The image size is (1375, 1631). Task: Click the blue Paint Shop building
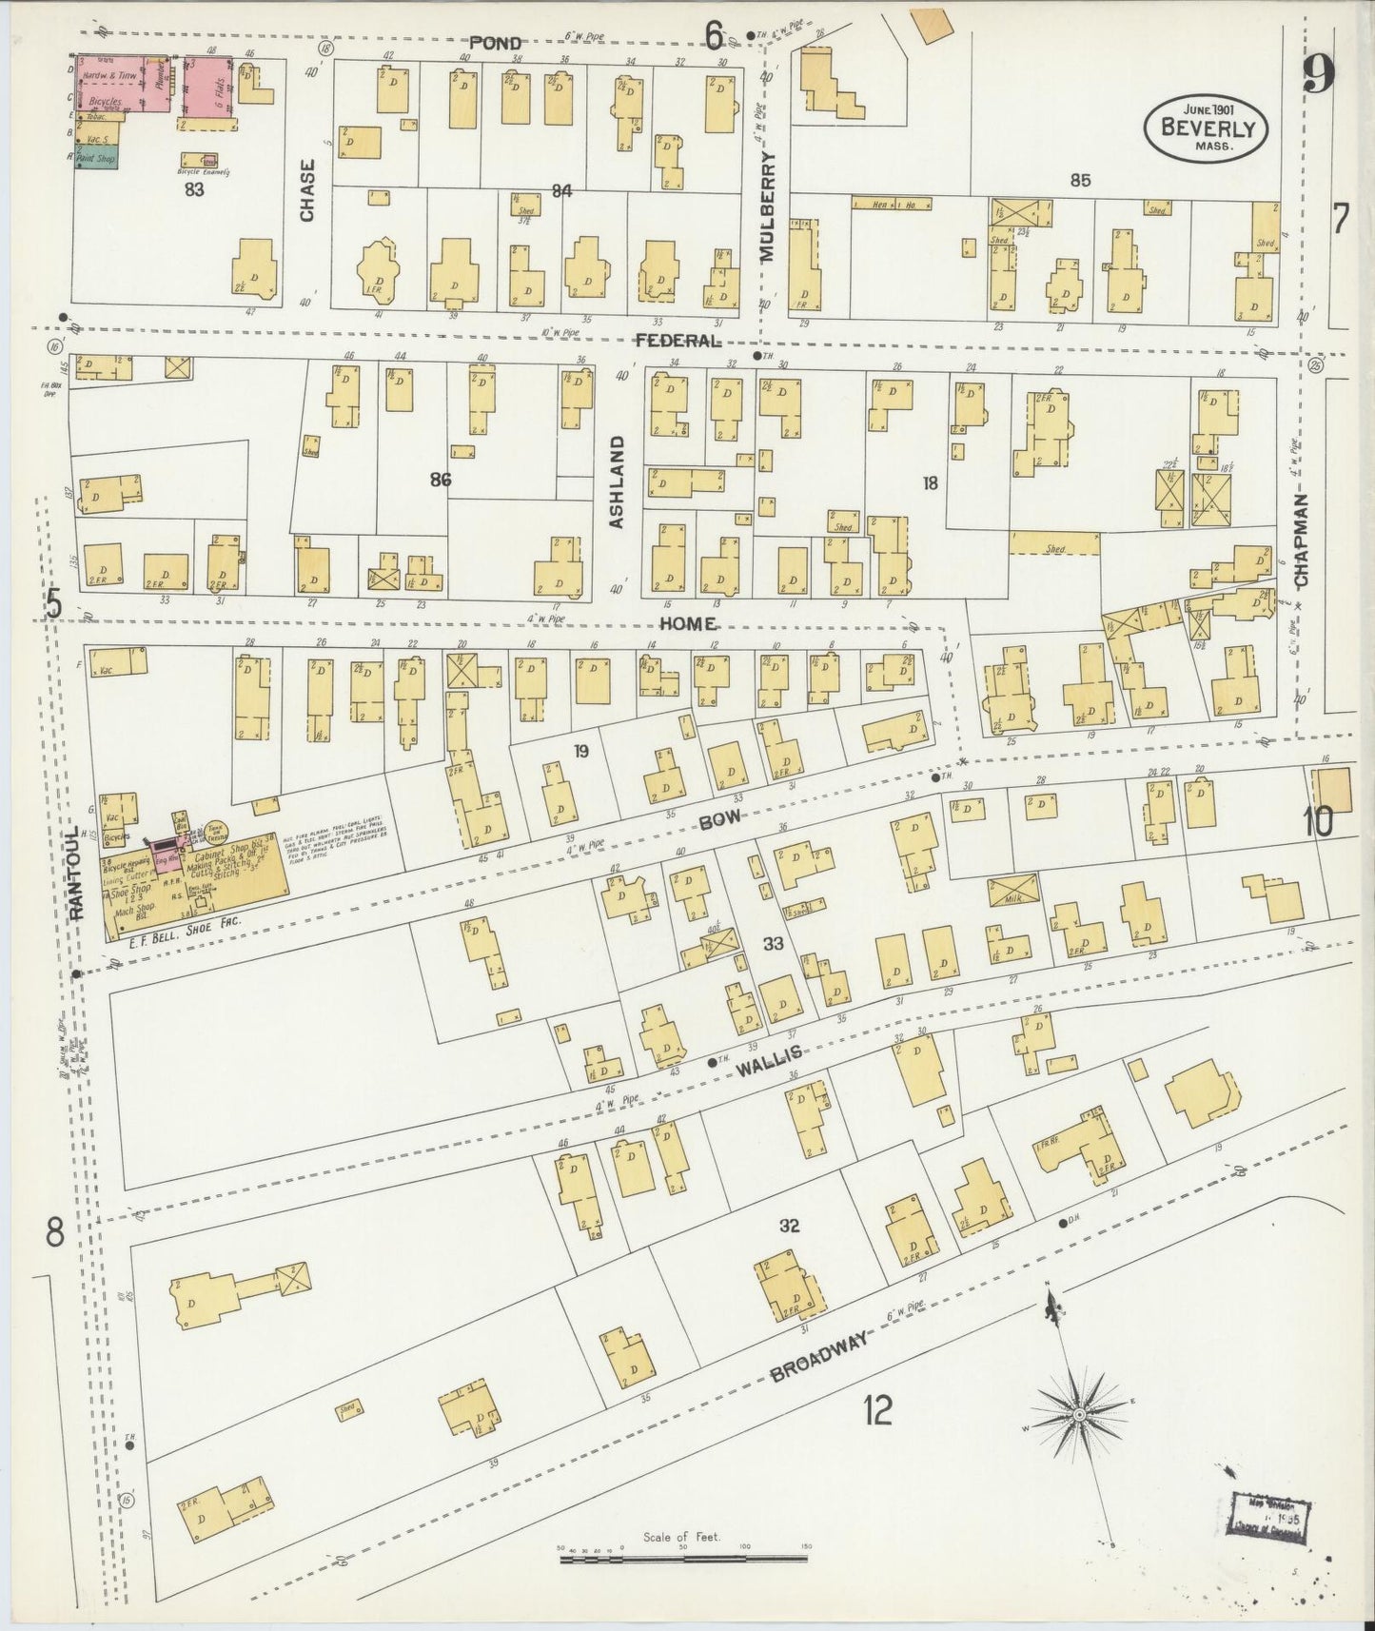point(97,158)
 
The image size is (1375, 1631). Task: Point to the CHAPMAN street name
point(1301,540)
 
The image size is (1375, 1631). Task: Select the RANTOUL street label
point(78,871)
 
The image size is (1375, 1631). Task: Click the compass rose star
point(1079,1415)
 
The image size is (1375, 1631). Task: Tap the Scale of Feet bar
point(682,1559)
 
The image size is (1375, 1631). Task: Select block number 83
point(194,189)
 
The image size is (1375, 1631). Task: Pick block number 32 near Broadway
point(789,1226)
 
